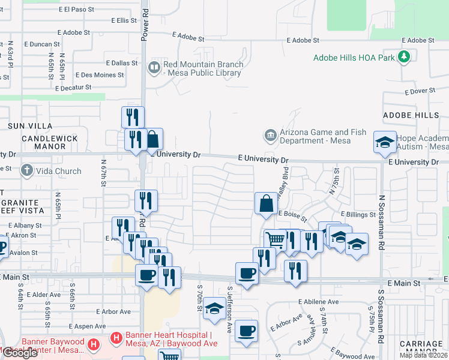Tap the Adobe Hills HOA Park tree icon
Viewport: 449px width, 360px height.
405,57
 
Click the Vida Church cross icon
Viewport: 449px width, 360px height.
26,171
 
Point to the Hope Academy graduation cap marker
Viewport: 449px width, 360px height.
385,142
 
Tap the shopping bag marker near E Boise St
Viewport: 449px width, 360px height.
266,203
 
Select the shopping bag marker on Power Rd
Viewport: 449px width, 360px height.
152,140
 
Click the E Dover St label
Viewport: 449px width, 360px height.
420,92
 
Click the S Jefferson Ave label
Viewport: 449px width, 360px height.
229,310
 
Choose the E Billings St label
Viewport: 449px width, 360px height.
358,214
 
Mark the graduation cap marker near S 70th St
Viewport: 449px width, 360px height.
214,308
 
